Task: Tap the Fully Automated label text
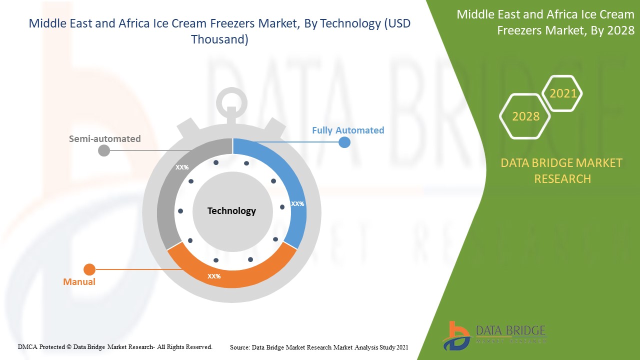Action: (x=348, y=130)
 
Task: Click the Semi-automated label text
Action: (x=105, y=139)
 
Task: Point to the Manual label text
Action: (x=79, y=281)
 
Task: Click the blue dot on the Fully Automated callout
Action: (x=344, y=142)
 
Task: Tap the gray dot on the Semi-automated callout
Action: (x=104, y=150)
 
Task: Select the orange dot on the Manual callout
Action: (x=89, y=269)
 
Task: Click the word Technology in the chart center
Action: (x=231, y=211)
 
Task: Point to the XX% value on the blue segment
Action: (x=297, y=203)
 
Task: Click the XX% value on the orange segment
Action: (x=214, y=276)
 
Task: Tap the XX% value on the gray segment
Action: (x=182, y=167)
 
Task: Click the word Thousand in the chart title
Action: (x=219, y=39)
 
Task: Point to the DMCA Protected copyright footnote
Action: (x=115, y=347)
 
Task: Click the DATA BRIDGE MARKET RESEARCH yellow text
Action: (x=561, y=171)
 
